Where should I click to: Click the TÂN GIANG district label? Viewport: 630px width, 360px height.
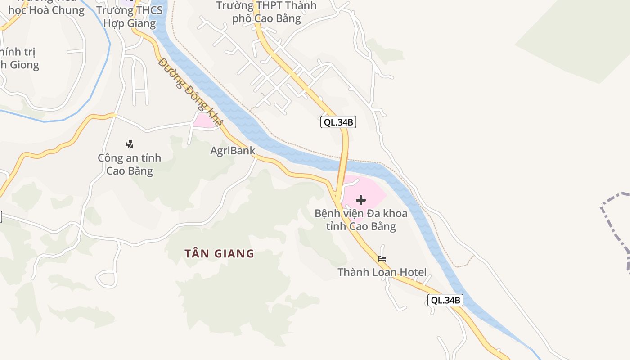[219, 253]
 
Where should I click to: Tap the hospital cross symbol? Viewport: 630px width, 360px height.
[361, 200]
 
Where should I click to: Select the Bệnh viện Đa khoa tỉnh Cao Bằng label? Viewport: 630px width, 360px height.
[361, 220]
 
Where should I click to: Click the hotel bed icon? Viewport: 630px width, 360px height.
[382, 259]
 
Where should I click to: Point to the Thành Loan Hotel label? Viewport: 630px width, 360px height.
[382, 272]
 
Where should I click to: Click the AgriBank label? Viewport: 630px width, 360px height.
[233, 151]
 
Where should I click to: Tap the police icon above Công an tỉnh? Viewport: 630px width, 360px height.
[129, 144]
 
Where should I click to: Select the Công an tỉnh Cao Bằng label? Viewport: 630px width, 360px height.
[129, 165]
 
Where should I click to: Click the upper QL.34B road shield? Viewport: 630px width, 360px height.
[338, 122]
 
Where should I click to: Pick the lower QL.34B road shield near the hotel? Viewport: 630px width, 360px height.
[445, 300]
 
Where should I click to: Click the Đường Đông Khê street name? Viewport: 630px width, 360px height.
[191, 92]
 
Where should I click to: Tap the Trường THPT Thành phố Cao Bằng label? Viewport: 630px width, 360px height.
[266, 12]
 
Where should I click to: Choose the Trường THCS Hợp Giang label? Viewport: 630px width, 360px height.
[129, 16]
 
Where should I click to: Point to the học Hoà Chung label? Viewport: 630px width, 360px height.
[46, 10]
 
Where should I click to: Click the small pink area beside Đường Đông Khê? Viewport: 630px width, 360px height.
[204, 121]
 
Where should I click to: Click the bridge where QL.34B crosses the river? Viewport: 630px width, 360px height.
[343, 164]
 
